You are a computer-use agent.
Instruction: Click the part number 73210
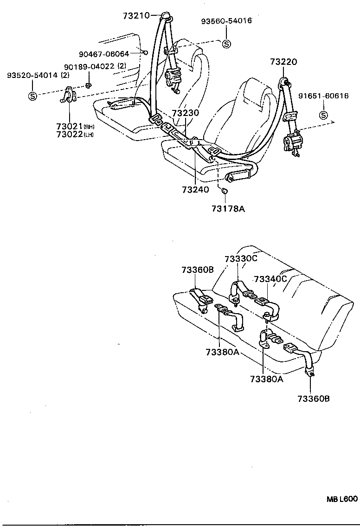pyautogui.click(x=136, y=15)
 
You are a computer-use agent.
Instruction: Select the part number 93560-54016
pyautogui.click(x=226, y=21)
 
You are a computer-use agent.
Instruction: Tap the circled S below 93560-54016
pyautogui.click(x=226, y=44)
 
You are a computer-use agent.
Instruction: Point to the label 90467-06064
pyautogui.click(x=103, y=54)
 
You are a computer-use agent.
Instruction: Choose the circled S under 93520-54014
pyautogui.click(x=32, y=96)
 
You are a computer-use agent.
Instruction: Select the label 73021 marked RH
pyautogui.click(x=70, y=127)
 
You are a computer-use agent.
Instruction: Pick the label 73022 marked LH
pyautogui.click(x=70, y=135)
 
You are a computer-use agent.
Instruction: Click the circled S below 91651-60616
pyautogui.click(x=323, y=116)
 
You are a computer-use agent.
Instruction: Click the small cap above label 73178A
pyautogui.click(x=223, y=190)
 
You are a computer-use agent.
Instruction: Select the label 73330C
pyautogui.click(x=240, y=259)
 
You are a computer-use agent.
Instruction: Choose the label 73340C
pyautogui.click(x=270, y=278)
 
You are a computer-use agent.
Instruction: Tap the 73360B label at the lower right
pyautogui.click(x=313, y=398)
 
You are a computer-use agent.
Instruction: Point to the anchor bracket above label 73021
pyautogui.click(x=69, y=95)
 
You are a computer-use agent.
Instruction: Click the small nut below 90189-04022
pyautogui.click(x=90, y=84)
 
